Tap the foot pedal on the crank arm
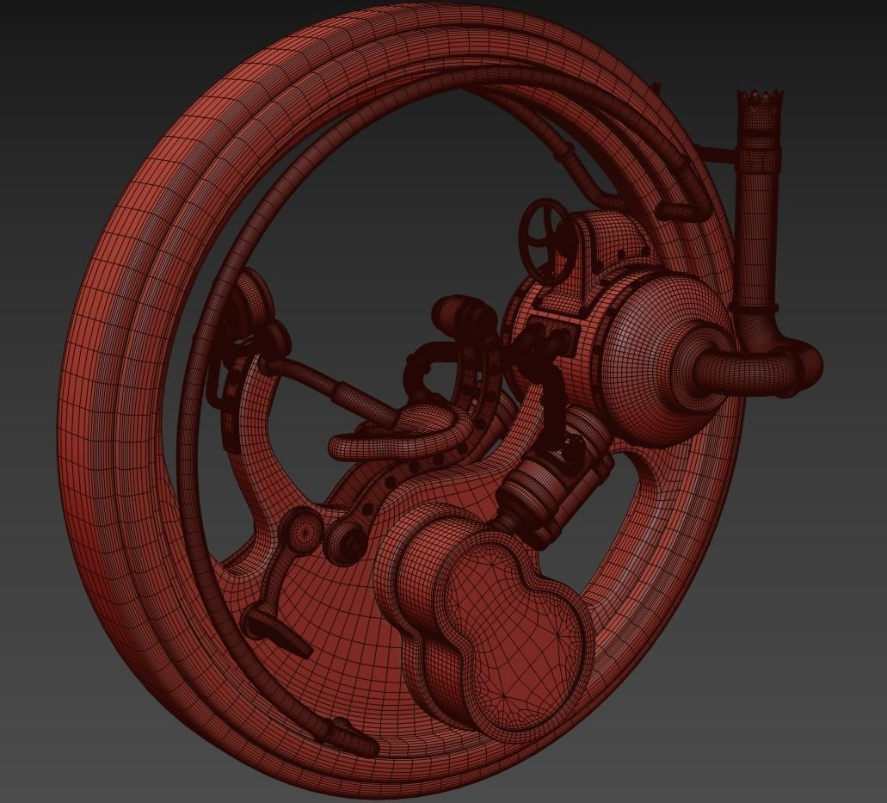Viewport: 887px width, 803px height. [277, 631]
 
